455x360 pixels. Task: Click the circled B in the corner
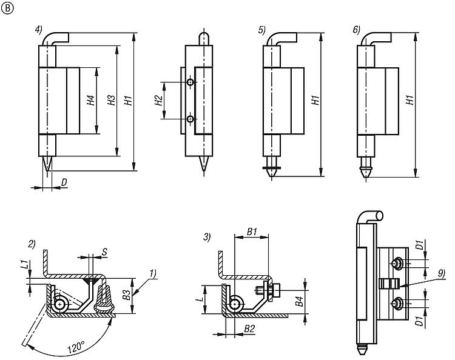pos(7,7)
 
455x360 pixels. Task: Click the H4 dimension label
pos(90,101)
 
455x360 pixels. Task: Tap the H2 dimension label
pos(159,101)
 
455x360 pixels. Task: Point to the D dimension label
pos(64,182)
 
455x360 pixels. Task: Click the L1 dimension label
pos(23,265)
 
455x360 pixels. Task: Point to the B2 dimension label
pos(249,329)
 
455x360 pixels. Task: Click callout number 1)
pos(151,273)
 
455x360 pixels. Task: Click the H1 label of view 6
pos(410,101)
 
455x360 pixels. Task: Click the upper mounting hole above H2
pos(190,82)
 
